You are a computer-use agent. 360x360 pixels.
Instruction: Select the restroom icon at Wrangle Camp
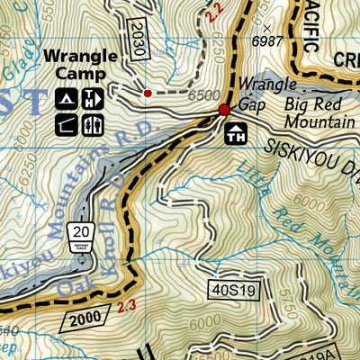[91, 99]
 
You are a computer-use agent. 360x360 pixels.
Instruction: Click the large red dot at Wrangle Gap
[224, 110]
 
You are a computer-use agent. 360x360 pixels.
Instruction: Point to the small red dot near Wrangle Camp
[148, 92]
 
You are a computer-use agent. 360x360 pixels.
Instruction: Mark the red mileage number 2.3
[127, 310]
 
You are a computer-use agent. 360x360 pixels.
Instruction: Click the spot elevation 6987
[269, 41]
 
